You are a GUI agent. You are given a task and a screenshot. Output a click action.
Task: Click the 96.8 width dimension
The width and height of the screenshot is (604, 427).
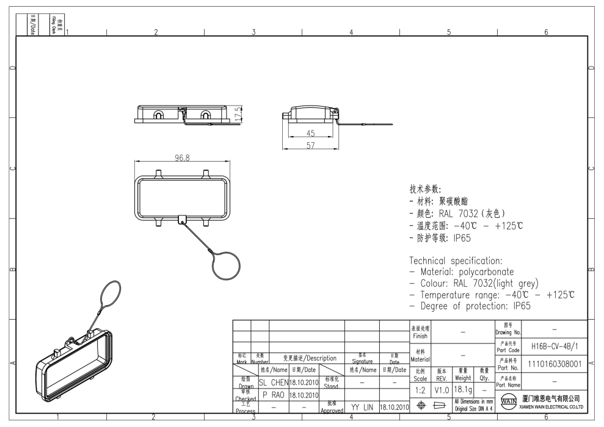tap(182, 158)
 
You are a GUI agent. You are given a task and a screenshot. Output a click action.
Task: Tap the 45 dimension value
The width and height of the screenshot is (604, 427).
tap(311, 134)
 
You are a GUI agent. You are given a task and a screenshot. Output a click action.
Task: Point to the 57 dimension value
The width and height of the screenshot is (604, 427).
tap(311, 145)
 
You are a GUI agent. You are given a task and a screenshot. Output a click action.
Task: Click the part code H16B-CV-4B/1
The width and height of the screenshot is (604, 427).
tap(555, 345)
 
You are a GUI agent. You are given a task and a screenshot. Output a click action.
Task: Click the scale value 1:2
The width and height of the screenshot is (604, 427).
tap(421, 389)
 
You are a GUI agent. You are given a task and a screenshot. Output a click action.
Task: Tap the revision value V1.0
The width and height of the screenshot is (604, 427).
tap(443, 389)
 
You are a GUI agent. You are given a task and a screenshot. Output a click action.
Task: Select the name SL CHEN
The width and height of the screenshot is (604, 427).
tap(273, 382)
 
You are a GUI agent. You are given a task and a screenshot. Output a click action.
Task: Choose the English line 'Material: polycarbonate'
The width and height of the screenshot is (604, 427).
tap(467, 272)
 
